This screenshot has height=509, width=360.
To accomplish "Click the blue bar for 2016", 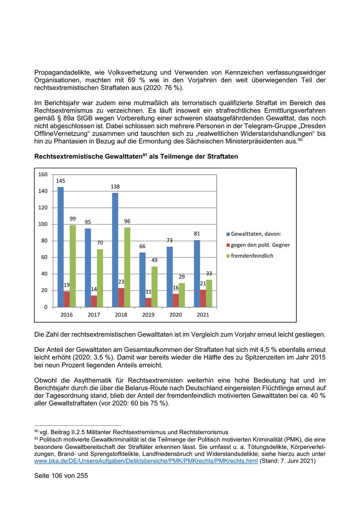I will click(x=60, y=247).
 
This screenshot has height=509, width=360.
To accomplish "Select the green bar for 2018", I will click(x=127, y=267).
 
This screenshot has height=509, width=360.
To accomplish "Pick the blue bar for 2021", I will click(x=197, y=273).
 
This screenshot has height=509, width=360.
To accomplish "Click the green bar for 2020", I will click(x=182, y=295).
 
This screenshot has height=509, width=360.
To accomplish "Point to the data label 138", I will click(x=115, y=187).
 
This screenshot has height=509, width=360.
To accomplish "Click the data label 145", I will click(x=60, y=181).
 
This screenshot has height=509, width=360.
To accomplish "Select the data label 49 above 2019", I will click(x=154, y=260).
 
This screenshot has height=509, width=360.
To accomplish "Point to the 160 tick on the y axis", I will click(x=43, y=174).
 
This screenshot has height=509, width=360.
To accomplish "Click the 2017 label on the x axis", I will click(x=94, y=315).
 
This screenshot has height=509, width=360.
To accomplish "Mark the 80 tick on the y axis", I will click(x=44, y=241).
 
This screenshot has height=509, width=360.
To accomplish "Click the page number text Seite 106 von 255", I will click(x=61, y=476).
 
